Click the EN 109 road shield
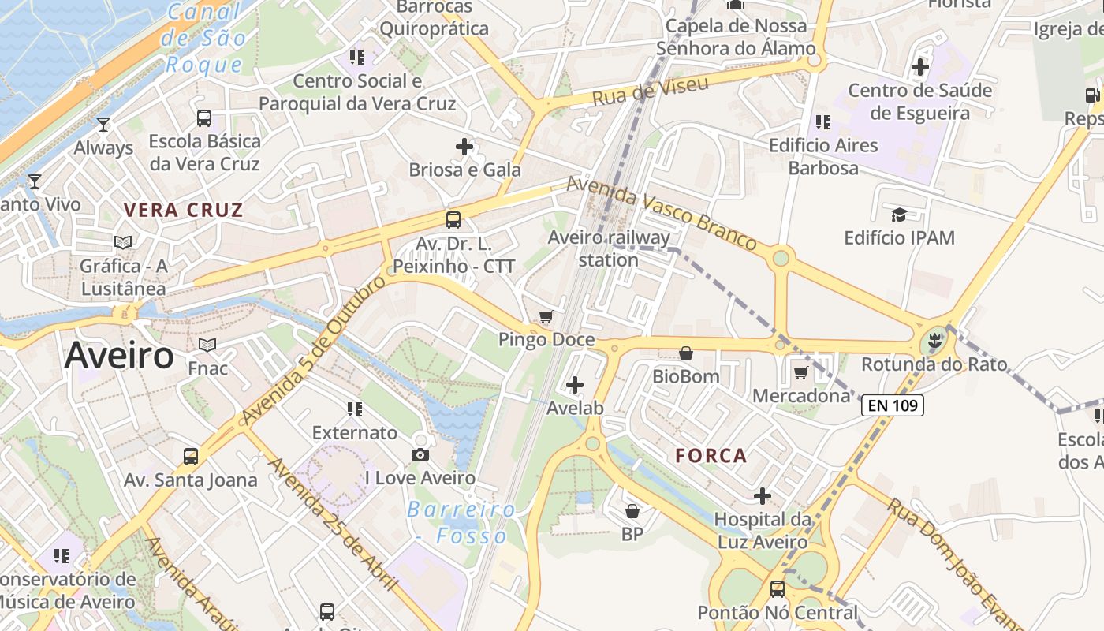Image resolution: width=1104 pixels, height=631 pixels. (892, 405)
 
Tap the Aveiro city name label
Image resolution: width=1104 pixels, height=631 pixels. (119, 356)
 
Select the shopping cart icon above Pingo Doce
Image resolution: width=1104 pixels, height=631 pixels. (546, 317)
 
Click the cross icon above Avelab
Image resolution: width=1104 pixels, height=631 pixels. (575, 385)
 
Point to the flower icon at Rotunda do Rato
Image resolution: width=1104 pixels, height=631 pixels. (934, 342)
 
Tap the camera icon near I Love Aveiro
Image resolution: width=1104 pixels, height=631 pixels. (420, 454)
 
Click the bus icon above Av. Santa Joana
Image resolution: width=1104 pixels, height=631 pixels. (191, 456)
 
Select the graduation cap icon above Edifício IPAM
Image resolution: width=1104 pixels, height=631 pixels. (899, 215)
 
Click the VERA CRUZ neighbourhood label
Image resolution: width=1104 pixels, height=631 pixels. (184, 210)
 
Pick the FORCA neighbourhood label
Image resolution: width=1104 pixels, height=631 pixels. (711, 455)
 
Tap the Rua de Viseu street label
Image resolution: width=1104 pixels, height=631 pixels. (651, 91)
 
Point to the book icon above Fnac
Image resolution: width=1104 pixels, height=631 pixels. (207, 345)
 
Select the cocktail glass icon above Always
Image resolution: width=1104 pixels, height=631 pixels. (103, 125)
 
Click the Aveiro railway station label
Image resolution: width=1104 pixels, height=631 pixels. (609, 248)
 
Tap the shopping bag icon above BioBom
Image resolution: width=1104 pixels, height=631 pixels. (686, 353)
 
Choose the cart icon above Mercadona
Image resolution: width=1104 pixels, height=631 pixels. (801, 372)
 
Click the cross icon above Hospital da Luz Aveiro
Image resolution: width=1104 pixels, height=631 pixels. (763, 496)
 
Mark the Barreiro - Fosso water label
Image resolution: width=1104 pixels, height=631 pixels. (462, 522)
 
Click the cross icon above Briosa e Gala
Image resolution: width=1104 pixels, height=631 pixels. (464, 146)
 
